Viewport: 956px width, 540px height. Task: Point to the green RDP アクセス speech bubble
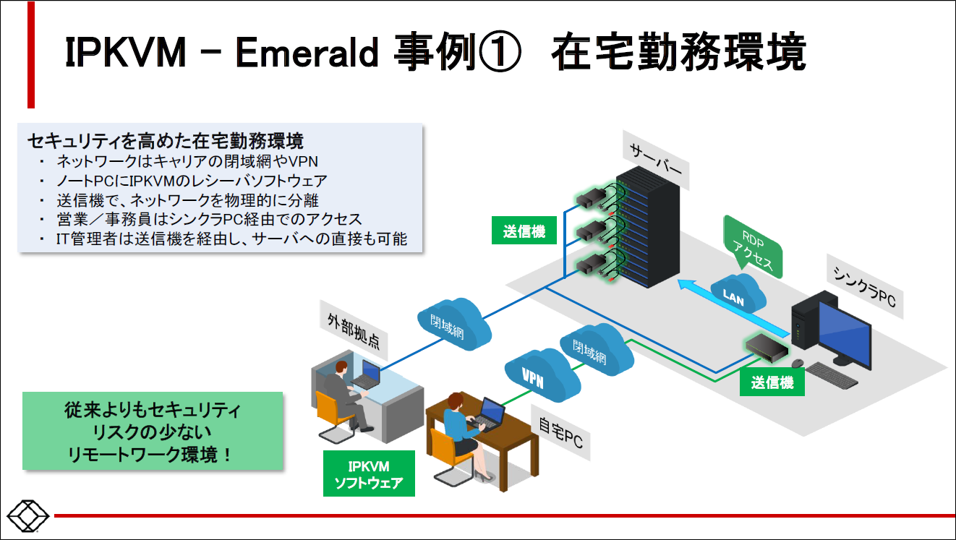coord(753,246)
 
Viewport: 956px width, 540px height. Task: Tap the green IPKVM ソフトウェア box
coord(369,474)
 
